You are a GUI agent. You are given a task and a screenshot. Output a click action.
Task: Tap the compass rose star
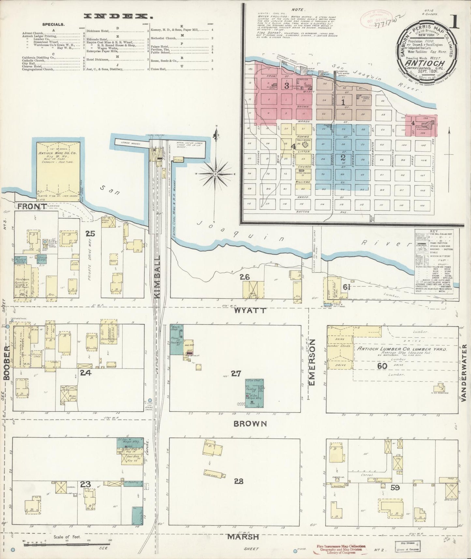215,174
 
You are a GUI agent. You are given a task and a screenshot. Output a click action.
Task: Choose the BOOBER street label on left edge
7,363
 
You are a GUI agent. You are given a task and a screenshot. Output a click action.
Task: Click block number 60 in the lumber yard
382,366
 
